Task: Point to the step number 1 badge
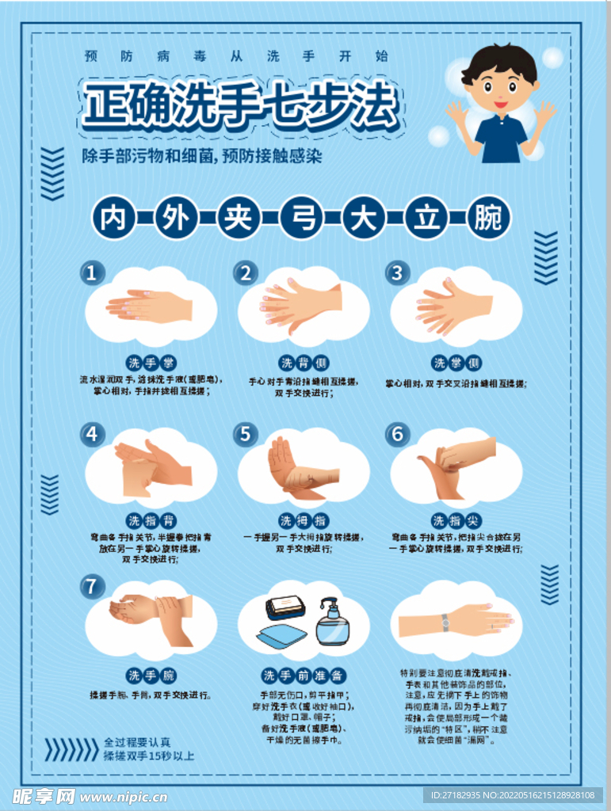(x=93, y=273)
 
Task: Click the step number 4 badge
(x=93, y=434)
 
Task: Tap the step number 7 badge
(x=93, y=587)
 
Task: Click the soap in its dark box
(x=285, y=607)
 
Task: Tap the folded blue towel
(x=282, y=636)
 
